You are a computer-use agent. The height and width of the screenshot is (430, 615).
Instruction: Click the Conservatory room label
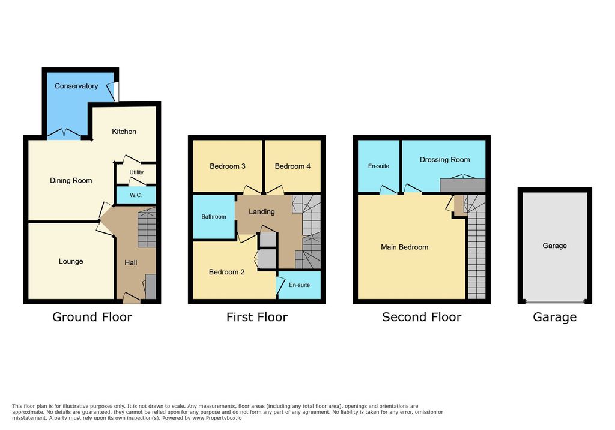76,86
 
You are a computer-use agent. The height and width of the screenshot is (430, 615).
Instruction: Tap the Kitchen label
124,132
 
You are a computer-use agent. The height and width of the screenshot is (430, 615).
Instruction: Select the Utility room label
136,172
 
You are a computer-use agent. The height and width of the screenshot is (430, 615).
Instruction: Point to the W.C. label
136,195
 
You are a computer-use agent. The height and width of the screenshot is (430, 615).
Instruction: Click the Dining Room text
71,181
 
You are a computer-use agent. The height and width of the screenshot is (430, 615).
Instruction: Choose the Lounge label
71,261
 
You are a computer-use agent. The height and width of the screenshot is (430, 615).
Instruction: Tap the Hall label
130,263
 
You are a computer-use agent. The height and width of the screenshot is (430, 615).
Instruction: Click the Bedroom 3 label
228,166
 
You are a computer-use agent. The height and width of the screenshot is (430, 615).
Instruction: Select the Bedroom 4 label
292,166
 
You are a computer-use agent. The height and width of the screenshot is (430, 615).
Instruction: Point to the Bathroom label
214,217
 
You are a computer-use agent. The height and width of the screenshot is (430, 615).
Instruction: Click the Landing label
262,212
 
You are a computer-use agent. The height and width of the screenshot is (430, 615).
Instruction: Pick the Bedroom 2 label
226,272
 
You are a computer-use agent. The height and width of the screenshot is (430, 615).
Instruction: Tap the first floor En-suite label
299,285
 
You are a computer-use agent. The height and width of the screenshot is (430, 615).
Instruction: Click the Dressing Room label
445,160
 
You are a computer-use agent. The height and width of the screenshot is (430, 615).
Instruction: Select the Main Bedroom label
404,247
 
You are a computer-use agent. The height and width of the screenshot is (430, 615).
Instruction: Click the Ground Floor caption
92,317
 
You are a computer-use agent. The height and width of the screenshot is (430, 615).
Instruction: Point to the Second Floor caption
422,317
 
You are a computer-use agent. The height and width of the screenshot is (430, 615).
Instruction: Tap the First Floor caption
257,317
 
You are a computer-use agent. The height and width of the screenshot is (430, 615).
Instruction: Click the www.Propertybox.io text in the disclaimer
217,418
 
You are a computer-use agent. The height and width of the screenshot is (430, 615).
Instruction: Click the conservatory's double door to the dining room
64,134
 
